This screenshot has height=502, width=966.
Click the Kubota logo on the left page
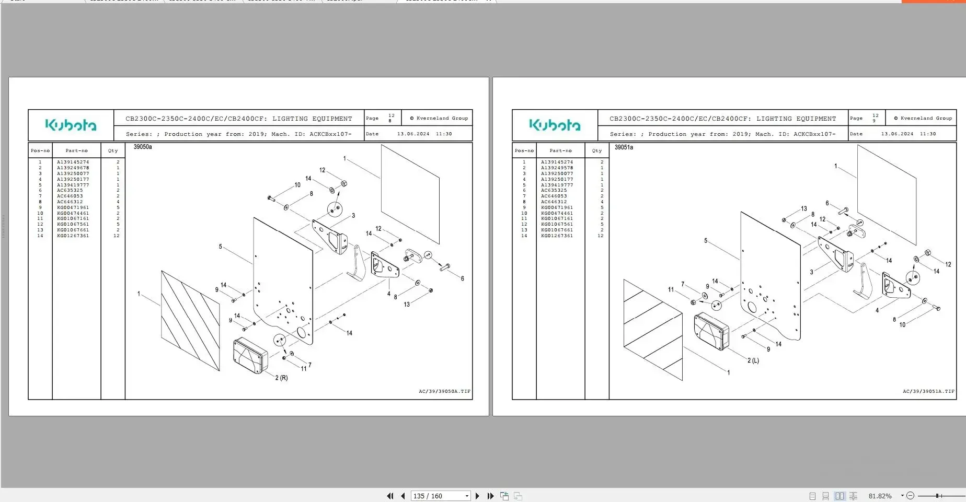(71, 125)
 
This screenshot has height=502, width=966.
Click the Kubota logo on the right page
(555, 125)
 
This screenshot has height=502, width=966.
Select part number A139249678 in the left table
(73, 168)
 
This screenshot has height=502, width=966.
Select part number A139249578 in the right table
(557, 168)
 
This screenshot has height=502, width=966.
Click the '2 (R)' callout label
(281, 378)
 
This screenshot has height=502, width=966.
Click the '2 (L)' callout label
(753, 360)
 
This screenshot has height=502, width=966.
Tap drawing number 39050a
(143, 147)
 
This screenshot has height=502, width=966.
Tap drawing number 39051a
(624, 147)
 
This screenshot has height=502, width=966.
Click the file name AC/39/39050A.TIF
(444, 391)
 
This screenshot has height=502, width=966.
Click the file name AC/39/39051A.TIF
(928, 391)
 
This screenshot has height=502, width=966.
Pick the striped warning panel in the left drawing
(190, 320)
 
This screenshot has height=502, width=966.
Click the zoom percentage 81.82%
(880, 496)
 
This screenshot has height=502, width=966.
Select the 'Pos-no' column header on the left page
(40, 150)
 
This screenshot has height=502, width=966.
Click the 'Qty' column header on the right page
(596, 150)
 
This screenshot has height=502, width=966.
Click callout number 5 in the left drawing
(221, 247)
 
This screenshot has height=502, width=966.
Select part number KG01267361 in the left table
(73, 236)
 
